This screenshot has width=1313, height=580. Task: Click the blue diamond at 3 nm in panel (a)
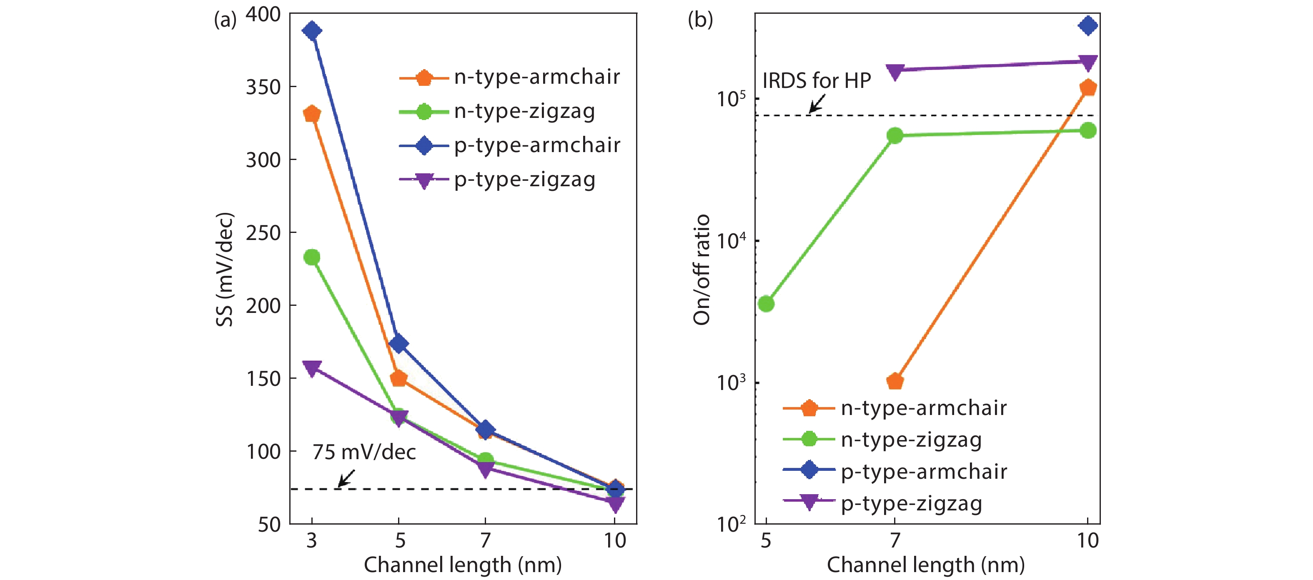tap(312, 30)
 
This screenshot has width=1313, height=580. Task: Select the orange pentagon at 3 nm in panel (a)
tap(312, 114)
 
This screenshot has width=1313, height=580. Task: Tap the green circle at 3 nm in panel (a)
tap(312, 257)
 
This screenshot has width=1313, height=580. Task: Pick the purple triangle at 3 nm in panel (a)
tap(312, 367)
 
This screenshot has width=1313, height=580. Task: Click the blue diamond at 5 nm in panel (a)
tap(398, 343)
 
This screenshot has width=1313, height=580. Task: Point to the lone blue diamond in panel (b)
tap(1088, 25)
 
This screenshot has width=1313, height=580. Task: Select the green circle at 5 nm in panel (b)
tap(766, 304)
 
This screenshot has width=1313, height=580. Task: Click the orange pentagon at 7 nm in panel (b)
tap(895, 381)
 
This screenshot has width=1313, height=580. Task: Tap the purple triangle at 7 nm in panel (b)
tap(895, 71)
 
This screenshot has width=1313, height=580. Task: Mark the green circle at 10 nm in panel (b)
tap(1088, 130)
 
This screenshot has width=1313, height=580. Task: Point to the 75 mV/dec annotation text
tap(364, 452)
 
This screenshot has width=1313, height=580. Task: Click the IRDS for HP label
tap(817, 80)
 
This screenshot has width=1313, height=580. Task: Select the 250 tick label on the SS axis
tap(263, 233)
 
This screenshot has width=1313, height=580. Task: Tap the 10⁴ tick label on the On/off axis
tap(731, 240)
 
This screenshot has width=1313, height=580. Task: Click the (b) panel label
tap(700, 20)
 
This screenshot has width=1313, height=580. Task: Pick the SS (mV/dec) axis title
tap(224, 269)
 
